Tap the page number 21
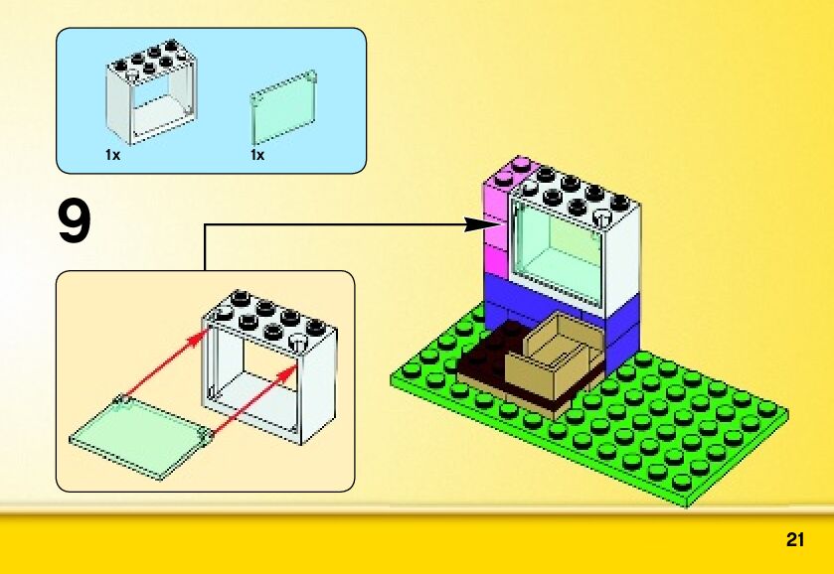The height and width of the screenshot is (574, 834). [x=794, y=540]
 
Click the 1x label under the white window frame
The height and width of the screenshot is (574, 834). [x=111, y=155]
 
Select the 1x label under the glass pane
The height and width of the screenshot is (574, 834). [x=257, y=155]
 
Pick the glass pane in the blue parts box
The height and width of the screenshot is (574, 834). [x=283, y=108]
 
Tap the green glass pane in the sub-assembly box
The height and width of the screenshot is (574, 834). [x=140, y=434]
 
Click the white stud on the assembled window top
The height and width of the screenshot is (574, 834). [x=603, y=216]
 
